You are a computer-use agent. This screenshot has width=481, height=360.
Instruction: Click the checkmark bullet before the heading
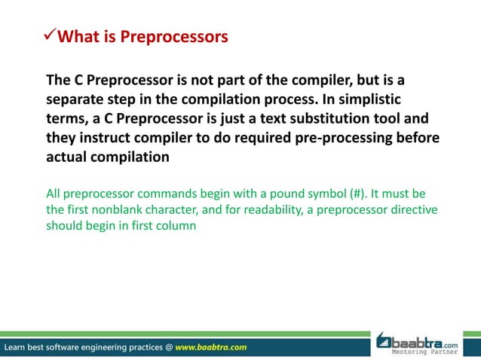click(50, 35)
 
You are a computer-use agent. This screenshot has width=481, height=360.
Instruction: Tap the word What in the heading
click(80, 36)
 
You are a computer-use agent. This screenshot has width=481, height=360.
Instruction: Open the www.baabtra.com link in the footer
click(210, 347)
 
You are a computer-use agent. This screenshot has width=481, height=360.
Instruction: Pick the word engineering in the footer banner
click(113, 347)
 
